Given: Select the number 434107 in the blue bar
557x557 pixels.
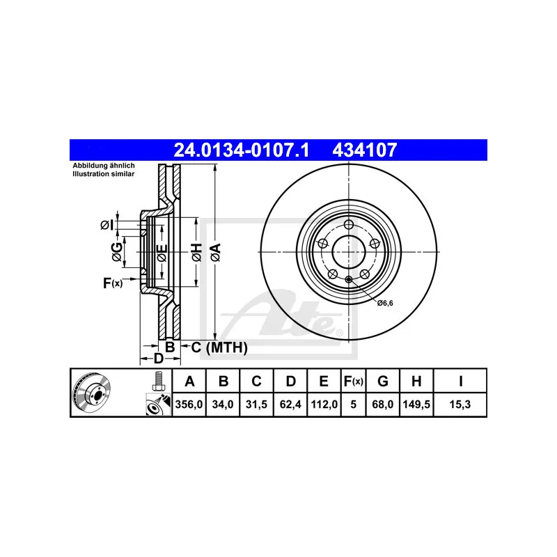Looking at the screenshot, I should pos(368,149).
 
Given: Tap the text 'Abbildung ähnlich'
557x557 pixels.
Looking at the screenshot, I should pos(104,166).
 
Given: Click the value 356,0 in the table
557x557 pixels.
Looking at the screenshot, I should pos(188,404).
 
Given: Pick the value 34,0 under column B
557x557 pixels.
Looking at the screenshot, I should pos(223,404).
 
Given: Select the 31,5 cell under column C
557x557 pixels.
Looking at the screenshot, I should pos(256,404).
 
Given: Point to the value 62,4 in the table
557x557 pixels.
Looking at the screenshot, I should pos(290,404).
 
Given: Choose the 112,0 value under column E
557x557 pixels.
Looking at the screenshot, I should pos(324,404).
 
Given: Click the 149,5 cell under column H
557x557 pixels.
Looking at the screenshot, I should pos(415,404).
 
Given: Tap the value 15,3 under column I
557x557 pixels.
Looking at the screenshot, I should pos(460,404).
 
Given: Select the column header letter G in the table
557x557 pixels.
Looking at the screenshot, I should pos(382,381).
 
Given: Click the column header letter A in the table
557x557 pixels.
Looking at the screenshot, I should pos(188,381).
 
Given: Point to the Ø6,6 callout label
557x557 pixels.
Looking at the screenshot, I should pos(386,302).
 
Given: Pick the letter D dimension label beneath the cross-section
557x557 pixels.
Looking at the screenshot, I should pos(158,359).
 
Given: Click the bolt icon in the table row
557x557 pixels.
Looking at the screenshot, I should pos(158,382).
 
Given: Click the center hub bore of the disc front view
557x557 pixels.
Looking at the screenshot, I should pos(347,251).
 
